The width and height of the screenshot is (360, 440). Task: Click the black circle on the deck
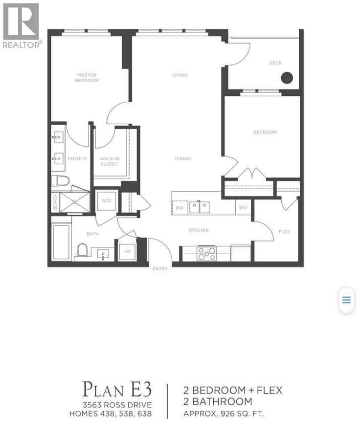coord(287,78)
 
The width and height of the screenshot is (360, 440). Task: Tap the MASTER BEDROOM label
coord(87,78)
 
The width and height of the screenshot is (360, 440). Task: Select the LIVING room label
coord(180,75)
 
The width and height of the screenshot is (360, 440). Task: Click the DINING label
coord(183,159)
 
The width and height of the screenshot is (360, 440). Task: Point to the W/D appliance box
coord(107,201)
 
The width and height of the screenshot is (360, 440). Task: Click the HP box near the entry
coord(127,251)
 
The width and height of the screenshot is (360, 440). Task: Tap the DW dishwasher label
coord(179,208)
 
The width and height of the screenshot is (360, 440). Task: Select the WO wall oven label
coord(243,208)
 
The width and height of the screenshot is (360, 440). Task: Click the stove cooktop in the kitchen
coord(206,253)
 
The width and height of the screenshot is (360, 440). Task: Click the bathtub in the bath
coord(62,242)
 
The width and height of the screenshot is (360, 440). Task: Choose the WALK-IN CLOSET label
coord(109,161)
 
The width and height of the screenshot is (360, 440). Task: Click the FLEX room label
coord(284,232)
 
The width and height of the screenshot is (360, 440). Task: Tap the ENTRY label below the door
coord(160,269)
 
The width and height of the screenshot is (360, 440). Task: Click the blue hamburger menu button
coord(346,300)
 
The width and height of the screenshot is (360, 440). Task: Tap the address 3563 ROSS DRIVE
coord(117,404)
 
